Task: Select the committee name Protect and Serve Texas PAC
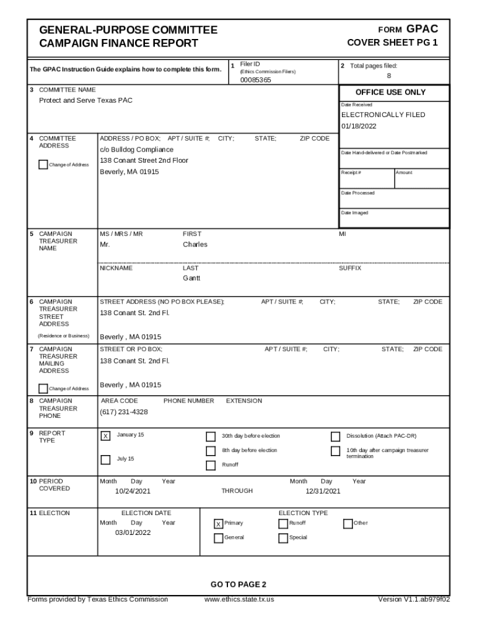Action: click(85, 100)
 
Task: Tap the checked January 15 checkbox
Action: click(106, 436)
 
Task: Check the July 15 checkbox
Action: click(106, 459)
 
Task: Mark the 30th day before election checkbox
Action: click(211, 436)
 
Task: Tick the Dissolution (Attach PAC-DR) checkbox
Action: click(336, 436)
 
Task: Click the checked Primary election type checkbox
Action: click(218, 524)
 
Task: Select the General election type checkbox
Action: click(218, 538)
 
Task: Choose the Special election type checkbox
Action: click(284, 538)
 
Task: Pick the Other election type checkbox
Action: click(348, 524)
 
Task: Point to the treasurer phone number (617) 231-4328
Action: click(124, 412)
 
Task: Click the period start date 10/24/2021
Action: click(133, 492)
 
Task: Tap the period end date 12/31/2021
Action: click(323, 492)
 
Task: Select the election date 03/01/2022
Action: click(133, 532)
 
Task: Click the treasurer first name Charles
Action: click(195, 245)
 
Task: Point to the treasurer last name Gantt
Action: click(191, 279)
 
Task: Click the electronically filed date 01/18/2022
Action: click(359, 126)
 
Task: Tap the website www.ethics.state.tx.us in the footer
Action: click(239, 599)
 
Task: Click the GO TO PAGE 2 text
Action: click(239, 584)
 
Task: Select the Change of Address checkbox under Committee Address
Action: click(43, 165)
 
